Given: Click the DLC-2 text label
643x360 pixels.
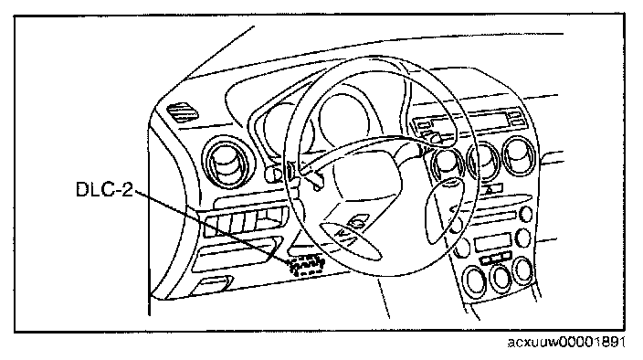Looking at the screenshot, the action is tap(104, 189).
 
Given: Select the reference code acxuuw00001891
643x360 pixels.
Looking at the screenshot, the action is tap(566, 342).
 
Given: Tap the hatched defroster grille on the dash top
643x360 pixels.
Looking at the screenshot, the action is tap(182, 111).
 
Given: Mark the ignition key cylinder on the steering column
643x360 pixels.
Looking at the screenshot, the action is tap(270, 175).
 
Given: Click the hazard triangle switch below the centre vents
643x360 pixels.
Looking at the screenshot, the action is tap(491, 189).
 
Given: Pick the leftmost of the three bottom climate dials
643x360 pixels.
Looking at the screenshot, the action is tap(474, 280).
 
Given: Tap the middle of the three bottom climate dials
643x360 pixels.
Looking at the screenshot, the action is tap(501, 277).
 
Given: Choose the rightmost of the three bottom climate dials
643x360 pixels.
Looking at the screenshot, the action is tap(523, 270).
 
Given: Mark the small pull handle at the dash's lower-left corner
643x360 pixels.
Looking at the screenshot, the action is tap(212, 284).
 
